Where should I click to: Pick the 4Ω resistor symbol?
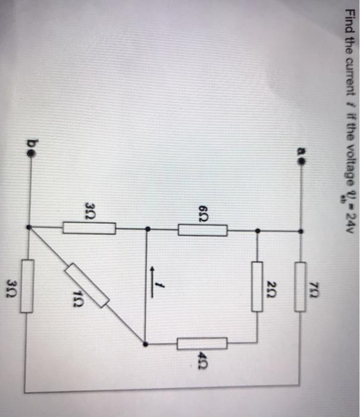tap(202, 344)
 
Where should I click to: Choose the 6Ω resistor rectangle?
tap(202, 229)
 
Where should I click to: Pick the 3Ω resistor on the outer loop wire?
tap(27, 293)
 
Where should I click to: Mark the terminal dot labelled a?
tap(301, 160)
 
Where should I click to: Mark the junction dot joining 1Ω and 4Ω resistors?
tap(146, 344)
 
